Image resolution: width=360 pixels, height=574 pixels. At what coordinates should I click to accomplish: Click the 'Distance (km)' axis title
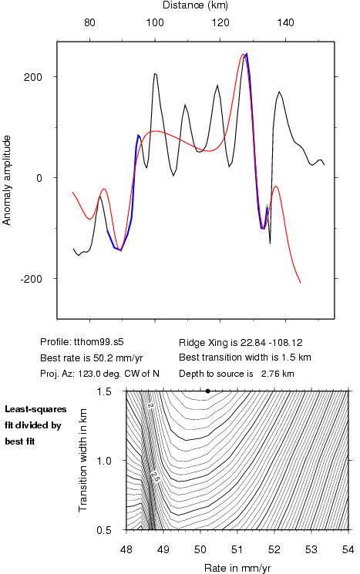[195, 5]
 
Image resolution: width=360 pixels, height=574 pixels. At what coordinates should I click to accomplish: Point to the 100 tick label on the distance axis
[155, 22]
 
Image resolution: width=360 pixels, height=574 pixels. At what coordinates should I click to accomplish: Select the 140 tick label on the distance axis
[285, 22]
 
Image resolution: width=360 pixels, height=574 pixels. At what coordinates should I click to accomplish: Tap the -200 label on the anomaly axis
[32, 279]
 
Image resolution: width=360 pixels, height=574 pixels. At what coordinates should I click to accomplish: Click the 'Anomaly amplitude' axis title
[7, 180]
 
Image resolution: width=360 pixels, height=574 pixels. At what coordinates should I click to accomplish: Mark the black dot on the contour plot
[207, 391]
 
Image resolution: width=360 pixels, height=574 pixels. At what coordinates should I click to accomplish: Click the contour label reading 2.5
[155, 476]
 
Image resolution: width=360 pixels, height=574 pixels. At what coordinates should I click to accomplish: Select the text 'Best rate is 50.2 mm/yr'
[92, 358]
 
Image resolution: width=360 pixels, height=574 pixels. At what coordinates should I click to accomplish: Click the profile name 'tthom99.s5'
[99, 342]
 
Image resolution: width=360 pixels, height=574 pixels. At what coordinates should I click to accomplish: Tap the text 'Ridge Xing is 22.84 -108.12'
[241, 343]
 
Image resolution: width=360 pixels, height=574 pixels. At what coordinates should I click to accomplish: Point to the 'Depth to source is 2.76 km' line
[237, 374]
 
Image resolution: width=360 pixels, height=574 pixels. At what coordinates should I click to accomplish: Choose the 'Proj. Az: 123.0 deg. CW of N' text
[99, 374]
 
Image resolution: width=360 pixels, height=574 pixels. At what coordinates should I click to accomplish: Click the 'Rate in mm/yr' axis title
[237, 568]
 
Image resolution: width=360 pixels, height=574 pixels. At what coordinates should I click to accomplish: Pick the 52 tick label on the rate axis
[274, 549]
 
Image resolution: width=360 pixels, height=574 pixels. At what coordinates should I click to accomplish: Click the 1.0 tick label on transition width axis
[104, 461]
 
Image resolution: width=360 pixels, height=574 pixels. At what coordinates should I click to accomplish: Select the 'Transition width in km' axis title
[83, 460]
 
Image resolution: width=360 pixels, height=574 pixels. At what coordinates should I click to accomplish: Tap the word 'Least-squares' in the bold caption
[35, 409]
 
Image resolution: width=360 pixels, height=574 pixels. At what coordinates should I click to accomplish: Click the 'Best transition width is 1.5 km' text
[245, 357]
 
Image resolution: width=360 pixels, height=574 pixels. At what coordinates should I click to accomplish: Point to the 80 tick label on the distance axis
[89, 22]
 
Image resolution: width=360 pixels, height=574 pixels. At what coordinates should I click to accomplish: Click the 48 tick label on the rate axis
[126, 549]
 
